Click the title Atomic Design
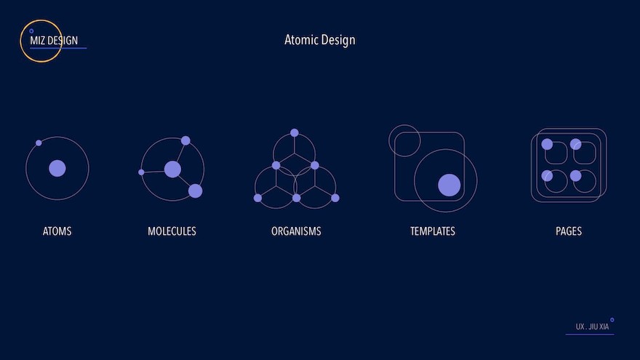point(319,40)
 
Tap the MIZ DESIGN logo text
point(54,41)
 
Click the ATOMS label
point(57,231)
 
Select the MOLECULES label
point(172,231)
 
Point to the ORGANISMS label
point(296,231)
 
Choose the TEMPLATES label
point(433,231)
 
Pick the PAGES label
point(569,231)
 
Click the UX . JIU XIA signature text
point(592,327)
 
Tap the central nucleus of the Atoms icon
point(57,168)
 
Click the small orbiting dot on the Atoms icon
point(39,143)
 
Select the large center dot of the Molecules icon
point(172,169)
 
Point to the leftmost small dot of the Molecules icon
point(141,172)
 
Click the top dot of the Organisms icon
point(295,132)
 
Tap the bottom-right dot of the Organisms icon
point(335,198)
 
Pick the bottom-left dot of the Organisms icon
point(257,198)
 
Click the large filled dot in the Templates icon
point(449,185)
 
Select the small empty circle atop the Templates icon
point(404,124)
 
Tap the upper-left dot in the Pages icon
point(547,144)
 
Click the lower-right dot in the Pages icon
point(575,176)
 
